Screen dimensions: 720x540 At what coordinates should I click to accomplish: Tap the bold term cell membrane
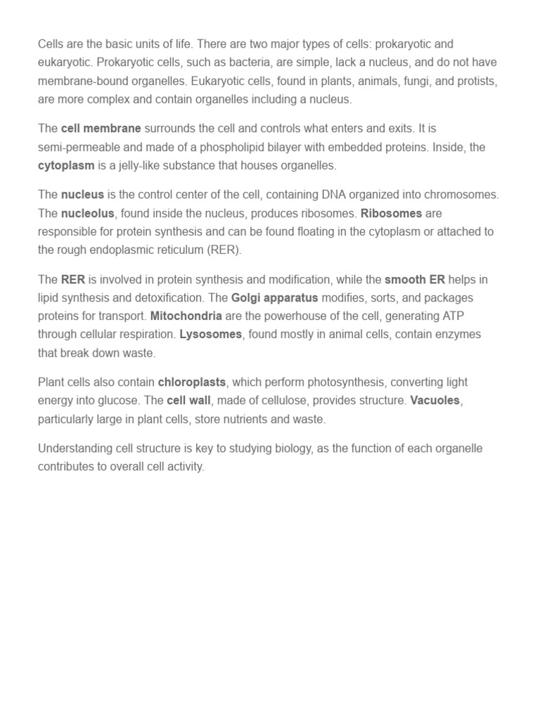click(101, 129)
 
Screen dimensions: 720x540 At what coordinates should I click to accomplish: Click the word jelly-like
click(155, 166)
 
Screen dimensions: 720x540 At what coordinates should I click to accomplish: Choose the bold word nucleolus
click(87, 213)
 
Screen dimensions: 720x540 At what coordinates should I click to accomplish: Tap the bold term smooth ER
click(415, 279)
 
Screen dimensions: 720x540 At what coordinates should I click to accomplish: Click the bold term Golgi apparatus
click(275, 297)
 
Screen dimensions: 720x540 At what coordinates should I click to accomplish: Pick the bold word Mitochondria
click(186, 316)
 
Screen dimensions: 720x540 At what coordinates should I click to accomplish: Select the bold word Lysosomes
click(211, 335)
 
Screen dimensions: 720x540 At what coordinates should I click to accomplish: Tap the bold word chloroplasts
click(192, 382)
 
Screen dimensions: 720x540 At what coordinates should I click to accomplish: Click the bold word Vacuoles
click(436, 401)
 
